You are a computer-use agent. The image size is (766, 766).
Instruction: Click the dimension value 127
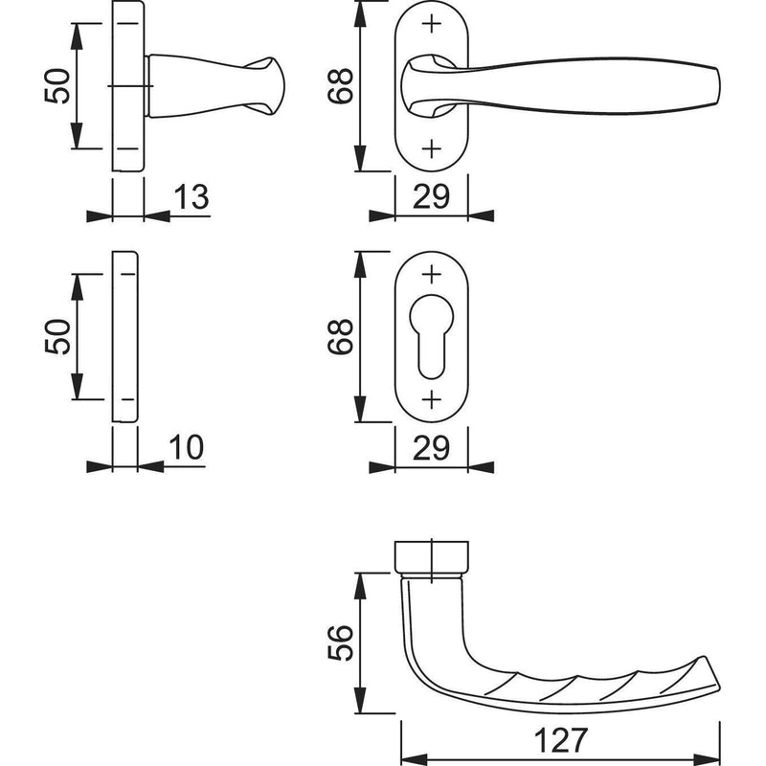[560, 740]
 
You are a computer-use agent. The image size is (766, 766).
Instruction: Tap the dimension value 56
[340, 642]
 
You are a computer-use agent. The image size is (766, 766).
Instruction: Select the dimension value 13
[191, 197]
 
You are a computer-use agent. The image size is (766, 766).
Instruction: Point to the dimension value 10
[186, 447]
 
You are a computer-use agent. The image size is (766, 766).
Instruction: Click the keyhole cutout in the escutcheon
[432, 336]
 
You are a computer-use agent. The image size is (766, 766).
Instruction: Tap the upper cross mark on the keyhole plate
[432, 275]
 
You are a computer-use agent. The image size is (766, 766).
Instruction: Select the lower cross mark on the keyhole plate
[432, 399]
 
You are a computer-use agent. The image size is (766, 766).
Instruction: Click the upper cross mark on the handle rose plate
[432, 23]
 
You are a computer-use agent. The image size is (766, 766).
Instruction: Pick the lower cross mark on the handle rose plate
[432, 148]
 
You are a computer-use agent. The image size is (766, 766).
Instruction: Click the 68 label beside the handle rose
[340, 85]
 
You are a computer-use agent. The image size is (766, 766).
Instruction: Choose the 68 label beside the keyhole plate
[340, 336]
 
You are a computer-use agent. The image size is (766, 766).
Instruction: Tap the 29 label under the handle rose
[431, 197]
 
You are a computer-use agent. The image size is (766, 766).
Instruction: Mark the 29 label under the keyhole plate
[431, 447]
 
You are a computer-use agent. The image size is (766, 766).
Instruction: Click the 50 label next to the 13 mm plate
[57, 85]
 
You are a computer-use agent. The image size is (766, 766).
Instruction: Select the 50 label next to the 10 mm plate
[57, 336]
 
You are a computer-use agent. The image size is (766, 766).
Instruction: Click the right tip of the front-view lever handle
[719, 86]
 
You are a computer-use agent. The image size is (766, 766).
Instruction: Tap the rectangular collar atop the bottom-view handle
[432, 556]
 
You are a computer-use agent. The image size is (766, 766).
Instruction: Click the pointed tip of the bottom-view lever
[719, 687]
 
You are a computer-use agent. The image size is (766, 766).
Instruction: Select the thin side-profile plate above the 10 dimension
[125, 337]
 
